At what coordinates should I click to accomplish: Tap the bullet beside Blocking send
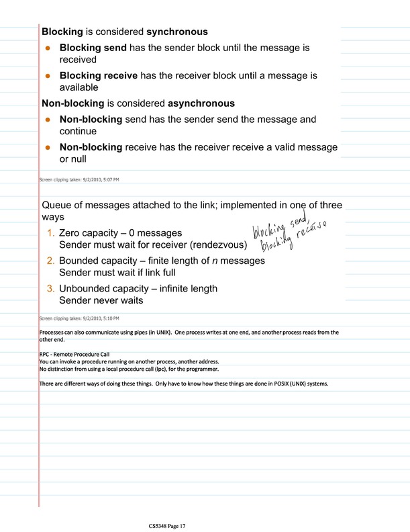tap(48, 48)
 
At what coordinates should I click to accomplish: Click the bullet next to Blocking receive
tap(48, 77)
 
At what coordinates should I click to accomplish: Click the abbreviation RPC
tap(46, 354)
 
